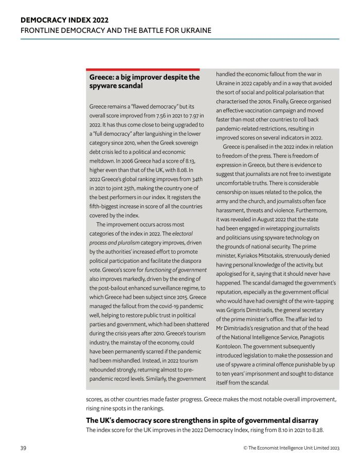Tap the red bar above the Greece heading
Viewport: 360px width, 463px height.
click(142, 69)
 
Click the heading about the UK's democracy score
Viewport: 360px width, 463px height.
click(202, 420)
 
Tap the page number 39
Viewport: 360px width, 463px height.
click(24, 448)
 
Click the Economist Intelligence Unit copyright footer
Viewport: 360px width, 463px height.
click(291, 448)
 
